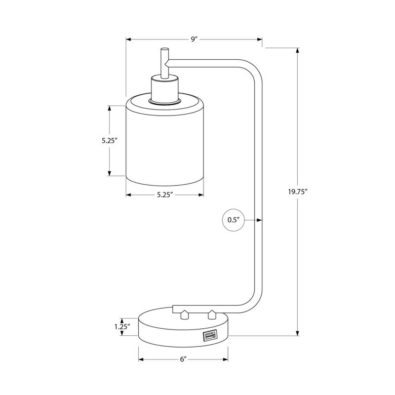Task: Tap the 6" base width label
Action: click(x=183, y=359)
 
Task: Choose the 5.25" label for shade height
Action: click(x=109, y=140)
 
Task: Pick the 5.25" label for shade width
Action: click(x=164, y=195)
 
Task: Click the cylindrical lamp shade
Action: click(x=164, y=143)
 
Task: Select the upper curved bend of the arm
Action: click(x=252, y=69)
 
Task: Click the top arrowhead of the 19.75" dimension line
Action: click(x=297, y=51)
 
